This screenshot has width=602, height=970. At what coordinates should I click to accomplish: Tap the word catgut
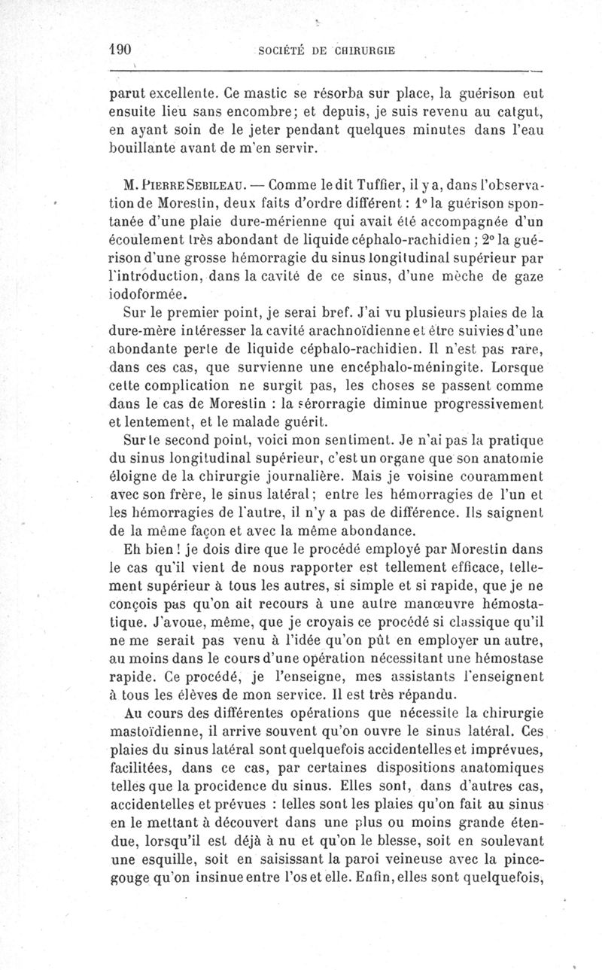point(518,114)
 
